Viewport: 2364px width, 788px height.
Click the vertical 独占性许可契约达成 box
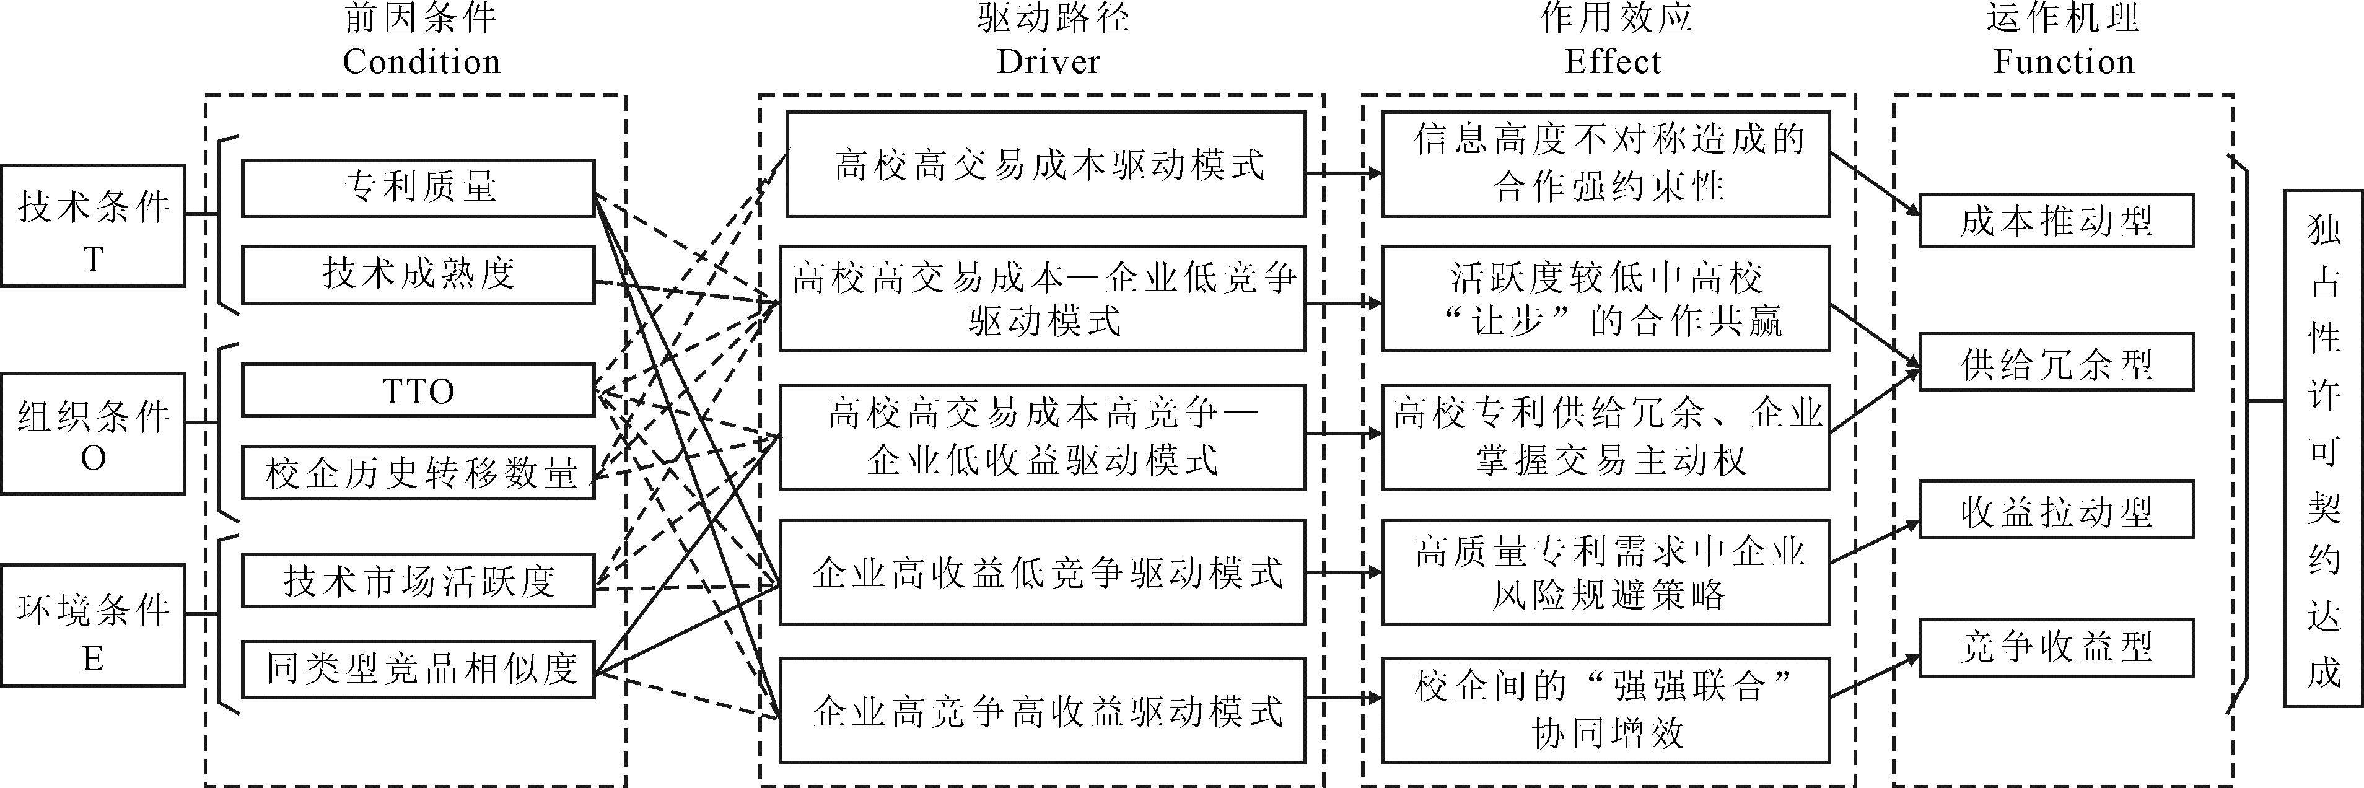click(x=2322, y=449)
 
